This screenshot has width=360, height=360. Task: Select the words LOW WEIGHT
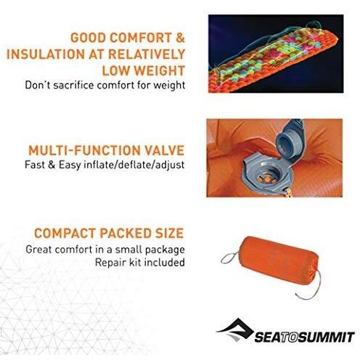[x=143, y=71]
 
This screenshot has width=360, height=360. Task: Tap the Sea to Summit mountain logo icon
[x=232, y=328]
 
